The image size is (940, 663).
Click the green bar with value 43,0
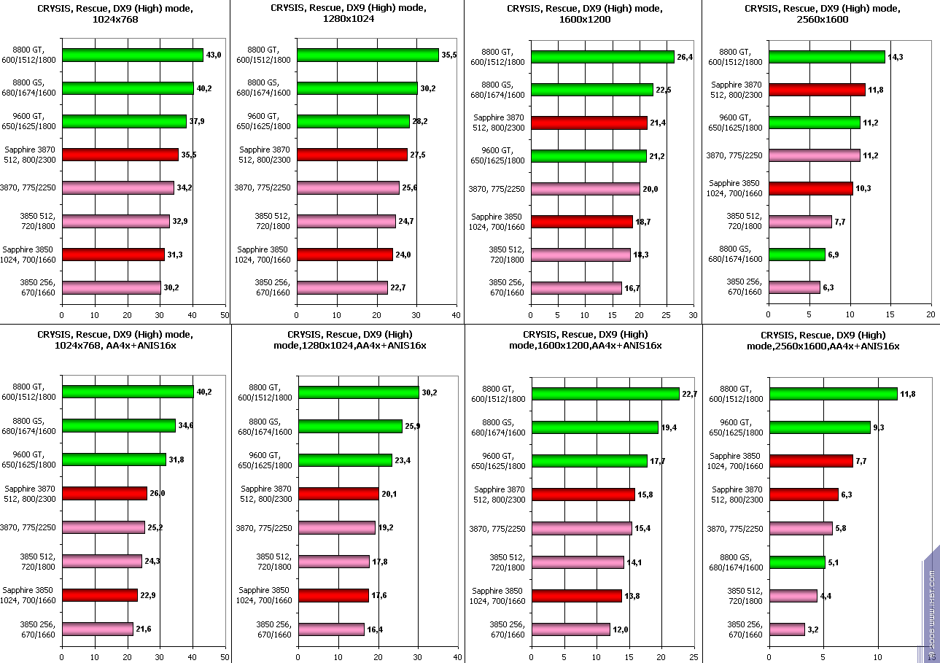pos(133,55)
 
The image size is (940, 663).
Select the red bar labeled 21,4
pos(589,123)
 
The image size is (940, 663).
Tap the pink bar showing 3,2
pos(788,629)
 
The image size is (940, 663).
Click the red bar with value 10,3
pos(811,188)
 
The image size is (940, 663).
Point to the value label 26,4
pos(686,56)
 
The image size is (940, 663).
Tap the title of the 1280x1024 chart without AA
pos(347,14)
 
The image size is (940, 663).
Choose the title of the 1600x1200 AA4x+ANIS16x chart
pos(584,341)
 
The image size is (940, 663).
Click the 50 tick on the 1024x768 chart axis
pos(225,315)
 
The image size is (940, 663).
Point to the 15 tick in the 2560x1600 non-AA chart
pos(890,315)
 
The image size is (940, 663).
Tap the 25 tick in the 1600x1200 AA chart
pos(694,657)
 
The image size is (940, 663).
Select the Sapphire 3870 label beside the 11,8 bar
pos(737,89)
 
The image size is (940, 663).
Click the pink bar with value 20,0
pos(586,188)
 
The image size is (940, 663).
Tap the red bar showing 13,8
pos(577,596)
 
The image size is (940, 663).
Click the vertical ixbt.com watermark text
pos(931,613)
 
